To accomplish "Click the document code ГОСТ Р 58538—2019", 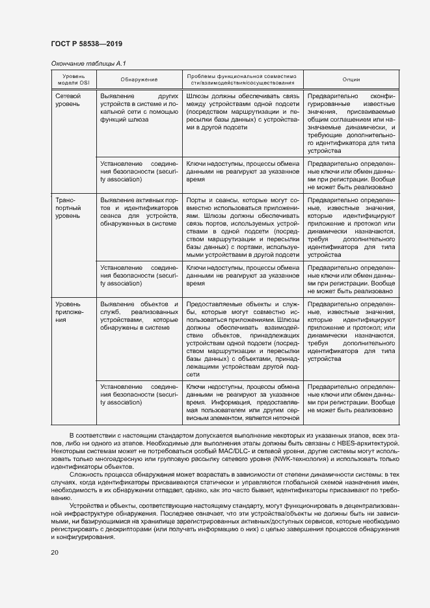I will coord(86,44).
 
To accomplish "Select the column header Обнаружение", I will coord(139,79).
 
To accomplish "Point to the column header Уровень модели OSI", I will coord(74,79).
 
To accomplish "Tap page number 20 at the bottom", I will coord(55,552).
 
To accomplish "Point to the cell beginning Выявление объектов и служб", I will coord(139,316).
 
